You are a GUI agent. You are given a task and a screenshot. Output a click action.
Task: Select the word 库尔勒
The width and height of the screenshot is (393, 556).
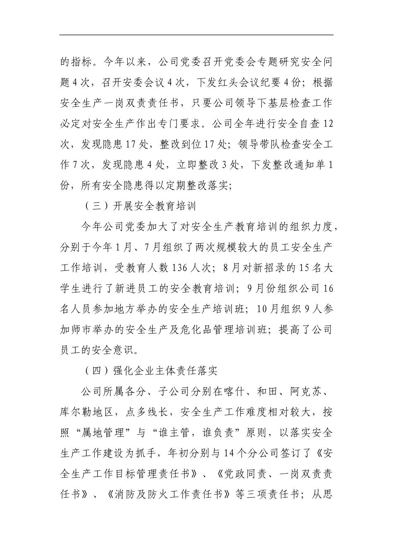tap(76, 412)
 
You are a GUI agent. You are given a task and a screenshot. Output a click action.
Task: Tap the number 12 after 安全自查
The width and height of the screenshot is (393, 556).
tap(327, 124)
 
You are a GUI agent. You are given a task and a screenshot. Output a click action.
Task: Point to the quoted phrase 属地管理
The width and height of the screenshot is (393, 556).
tap(108, 433)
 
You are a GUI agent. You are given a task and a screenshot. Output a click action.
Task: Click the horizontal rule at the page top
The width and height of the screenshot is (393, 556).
tap(196, 35)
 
